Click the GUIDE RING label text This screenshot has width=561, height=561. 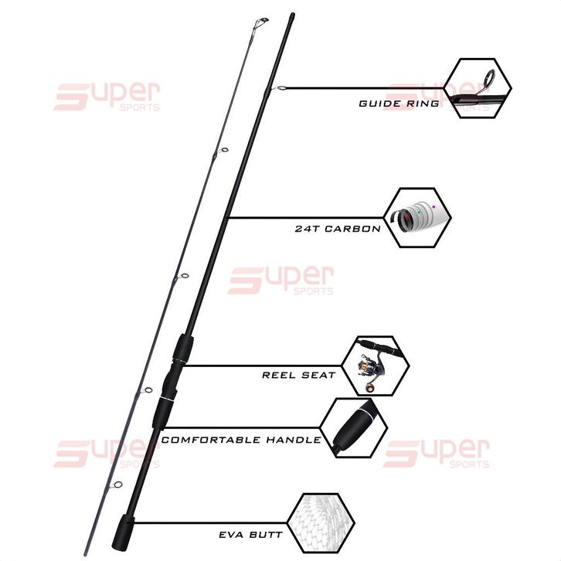pos(399,104)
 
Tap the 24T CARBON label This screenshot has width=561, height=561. pos(337,229)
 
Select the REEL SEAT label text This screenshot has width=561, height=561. pos(298,375)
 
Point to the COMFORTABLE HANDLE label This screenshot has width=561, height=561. pos(241,440)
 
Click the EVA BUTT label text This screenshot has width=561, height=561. pos(250,534)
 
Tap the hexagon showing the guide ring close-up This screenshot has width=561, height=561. pos(481,88)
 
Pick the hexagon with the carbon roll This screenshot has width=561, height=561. pos(417,217)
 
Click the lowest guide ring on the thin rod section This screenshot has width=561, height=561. pos(117,485)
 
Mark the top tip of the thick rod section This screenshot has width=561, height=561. pos(291,15)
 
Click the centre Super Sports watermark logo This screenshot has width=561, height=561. pos(280,280)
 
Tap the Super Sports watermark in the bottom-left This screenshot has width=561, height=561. pos(107,453)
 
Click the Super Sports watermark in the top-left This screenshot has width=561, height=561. pos(107,97)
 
